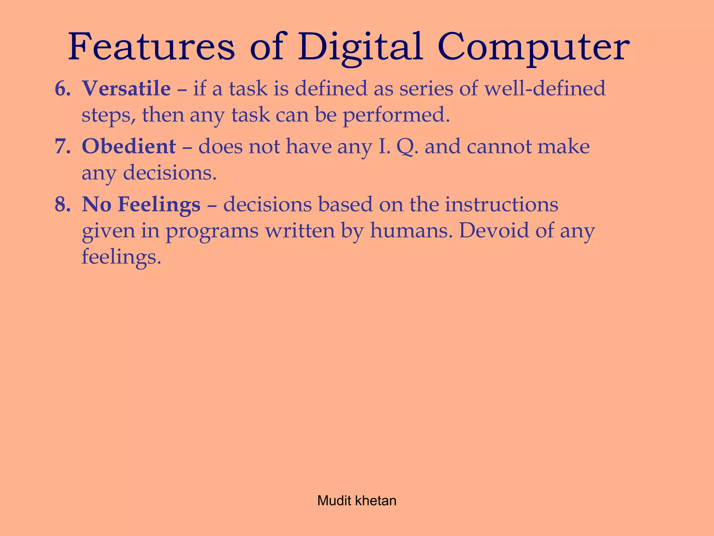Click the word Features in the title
(x=152, y=47)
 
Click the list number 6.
(x=62, y=88)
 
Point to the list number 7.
(x=62, y=146)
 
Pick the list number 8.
(x=62, y=204)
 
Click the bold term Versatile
(x=126, y=88)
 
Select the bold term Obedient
(x=129, y=146)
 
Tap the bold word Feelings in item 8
(x=159, y=205)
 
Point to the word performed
(x=396, y=116)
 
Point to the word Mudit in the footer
(x=334, y=501)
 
